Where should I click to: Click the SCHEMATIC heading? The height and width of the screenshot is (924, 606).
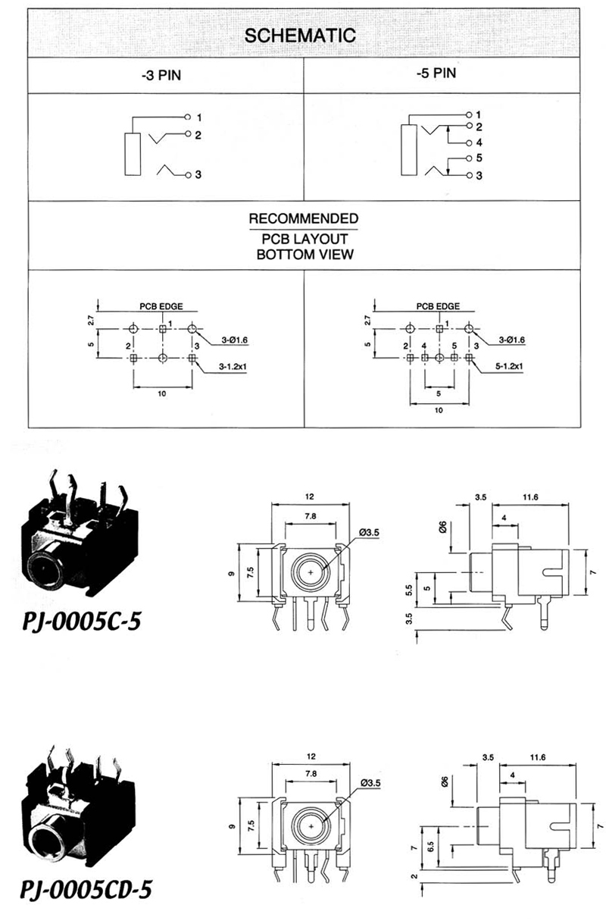[300, 36]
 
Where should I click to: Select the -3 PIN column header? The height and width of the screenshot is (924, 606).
[161, 76]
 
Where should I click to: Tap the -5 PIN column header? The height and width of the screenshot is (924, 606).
[436, 74]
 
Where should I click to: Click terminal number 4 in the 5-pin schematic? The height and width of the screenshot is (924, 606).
[479, 143]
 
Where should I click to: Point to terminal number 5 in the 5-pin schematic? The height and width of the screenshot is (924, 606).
[479, 158]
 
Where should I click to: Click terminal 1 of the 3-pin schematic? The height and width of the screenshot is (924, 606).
[199, 118]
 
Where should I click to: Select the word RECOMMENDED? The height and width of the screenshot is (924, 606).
[304, 218]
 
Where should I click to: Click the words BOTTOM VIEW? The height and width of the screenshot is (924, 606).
[305, 255]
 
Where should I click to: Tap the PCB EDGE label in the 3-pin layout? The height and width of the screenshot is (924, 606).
[161, 306]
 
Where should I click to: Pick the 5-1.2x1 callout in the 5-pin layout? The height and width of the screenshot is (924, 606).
[509, 366]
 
